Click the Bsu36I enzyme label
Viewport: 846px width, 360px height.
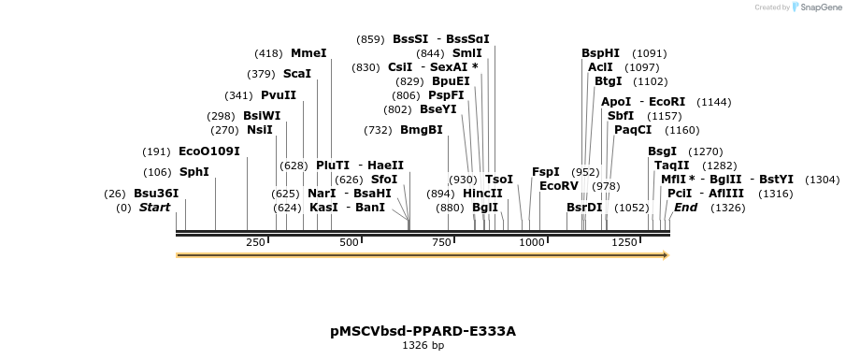[156, 194]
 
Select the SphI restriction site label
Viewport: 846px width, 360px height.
[194, 172]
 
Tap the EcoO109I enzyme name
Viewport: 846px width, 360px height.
[209, 151]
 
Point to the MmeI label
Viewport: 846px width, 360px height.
[308, 53]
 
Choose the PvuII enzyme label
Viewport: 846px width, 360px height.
[279, 95]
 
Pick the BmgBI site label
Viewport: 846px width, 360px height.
[422, 130]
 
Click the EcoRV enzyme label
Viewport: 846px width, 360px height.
[559, 185]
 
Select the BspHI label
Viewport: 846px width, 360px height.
[600, 53]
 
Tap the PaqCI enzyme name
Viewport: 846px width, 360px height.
[633, 130]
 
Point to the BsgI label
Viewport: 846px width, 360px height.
[662, 151]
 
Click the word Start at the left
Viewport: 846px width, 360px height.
[155, 208]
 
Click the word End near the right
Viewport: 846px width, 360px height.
[686, 208]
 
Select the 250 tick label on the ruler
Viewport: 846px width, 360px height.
[255, 242]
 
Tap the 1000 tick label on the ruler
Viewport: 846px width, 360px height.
[532, 242]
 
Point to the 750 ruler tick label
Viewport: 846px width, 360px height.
[440, 242]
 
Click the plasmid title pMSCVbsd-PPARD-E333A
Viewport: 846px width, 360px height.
[423, 331]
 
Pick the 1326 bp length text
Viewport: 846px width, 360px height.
[423, 346]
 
